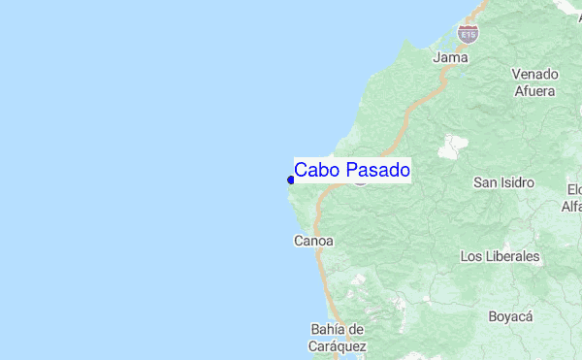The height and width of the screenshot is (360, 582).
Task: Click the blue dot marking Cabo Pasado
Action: tap(290, 180)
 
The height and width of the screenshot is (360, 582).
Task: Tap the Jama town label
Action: tap(451, 57)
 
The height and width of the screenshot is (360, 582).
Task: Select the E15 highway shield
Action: tap(469, 35)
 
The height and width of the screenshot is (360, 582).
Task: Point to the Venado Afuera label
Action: tap(534, 82)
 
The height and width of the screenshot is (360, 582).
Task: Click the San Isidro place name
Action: tap(503, 182)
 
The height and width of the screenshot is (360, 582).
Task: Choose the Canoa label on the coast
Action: tap(313, 241)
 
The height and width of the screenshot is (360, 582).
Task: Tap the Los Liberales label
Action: tap(500, 257)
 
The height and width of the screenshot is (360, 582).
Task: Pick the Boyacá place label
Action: tap(510, 317)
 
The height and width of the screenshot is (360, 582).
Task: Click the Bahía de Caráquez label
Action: tap(339, 337)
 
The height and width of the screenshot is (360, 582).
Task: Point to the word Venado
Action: tap(534, 75)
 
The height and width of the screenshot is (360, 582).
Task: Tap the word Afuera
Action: tap(534, 91)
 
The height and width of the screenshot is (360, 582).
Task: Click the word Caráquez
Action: tap(339, 345)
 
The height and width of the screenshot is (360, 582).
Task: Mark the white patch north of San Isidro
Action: tap(452, 147)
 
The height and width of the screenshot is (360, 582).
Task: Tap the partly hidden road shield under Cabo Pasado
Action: tap(361, 180)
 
